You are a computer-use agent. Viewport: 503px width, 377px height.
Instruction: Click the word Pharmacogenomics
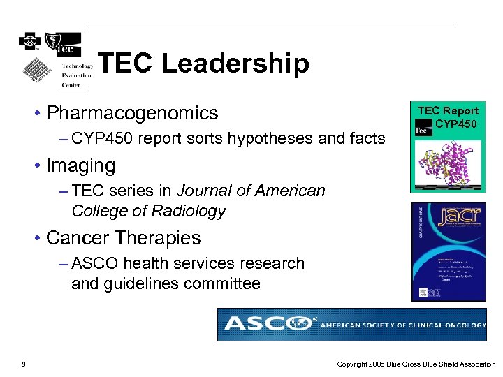pos(132,113)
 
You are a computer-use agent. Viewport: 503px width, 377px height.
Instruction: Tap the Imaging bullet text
pos(80,165)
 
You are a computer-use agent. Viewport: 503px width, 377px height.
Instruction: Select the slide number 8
pos(24,364)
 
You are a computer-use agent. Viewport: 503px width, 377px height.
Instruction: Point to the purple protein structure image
pos(447,165)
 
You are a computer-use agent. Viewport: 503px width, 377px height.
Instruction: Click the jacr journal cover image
pos(448,251)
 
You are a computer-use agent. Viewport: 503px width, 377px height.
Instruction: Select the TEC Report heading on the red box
pos(448,110)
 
